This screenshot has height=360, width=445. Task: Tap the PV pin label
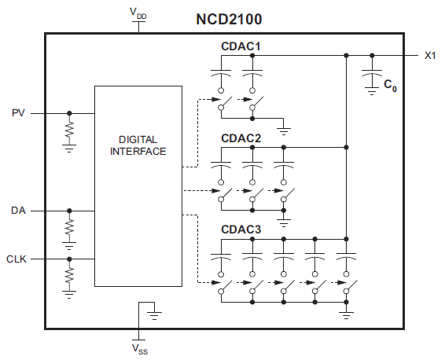(x=19, y=113)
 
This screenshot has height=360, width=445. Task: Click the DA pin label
(x=19, y=211)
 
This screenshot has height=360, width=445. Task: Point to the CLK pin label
(x=17, y=259)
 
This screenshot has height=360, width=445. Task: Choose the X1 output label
(x=430, y=55)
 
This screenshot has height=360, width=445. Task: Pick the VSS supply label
(x=138, y=347)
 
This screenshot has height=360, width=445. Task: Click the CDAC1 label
(x=241, y=47)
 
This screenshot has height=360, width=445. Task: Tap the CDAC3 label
(x=241, y=229)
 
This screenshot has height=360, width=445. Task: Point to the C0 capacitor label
(x=390, y=85)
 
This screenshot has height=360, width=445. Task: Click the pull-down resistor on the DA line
(x=69, y=227)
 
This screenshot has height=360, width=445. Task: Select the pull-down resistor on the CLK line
(x=69, y=275)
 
